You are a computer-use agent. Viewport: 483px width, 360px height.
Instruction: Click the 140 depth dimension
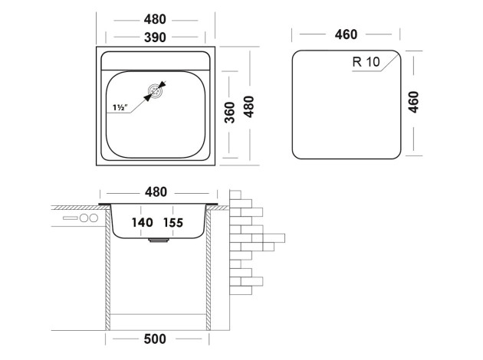click(x=142, y=223)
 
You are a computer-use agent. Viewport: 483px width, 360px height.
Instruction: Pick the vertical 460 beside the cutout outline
click(x=414, y=103)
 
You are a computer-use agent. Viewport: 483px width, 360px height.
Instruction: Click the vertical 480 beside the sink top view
click(x=248, y=103)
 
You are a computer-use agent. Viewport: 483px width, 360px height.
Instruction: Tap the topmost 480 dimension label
click(x=158, y=19)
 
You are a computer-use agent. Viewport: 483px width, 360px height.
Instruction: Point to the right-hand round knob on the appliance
click(x=94, y=218)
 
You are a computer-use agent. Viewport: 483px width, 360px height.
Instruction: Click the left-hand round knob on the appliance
click(x=84, y=218)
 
